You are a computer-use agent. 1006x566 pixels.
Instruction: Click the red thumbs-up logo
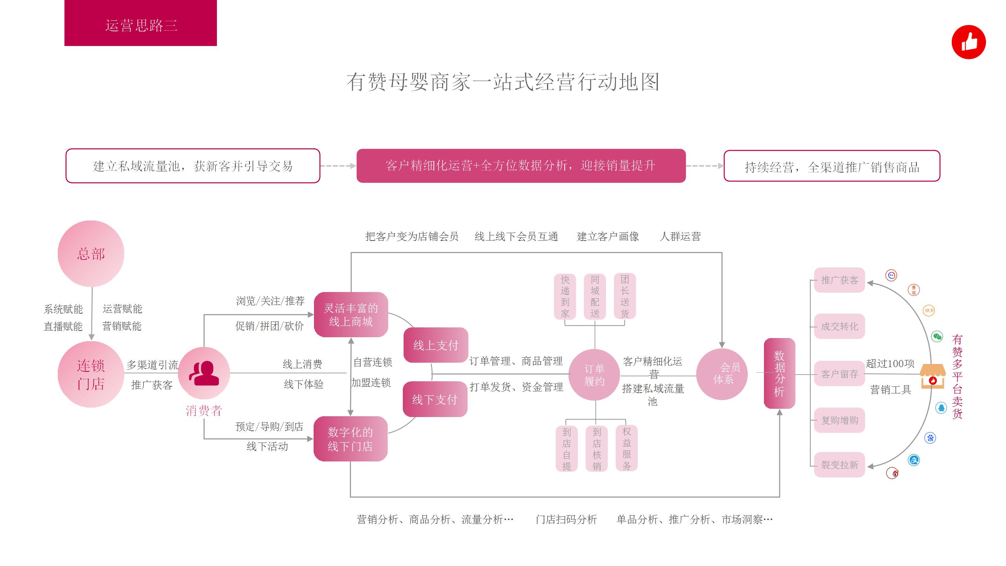coord(969,42)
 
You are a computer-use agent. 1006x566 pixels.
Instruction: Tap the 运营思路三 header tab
coord(141,24)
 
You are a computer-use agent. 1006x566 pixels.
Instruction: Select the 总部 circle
coord(91,254)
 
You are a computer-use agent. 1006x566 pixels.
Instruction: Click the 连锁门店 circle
coord(91,374)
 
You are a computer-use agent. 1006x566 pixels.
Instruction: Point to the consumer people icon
coord(204,373)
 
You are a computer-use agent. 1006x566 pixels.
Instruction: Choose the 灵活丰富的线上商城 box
coord(351,314)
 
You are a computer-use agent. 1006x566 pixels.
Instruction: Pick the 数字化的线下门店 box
coord(351,439)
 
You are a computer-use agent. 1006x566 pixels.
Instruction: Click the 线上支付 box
coord(436,345)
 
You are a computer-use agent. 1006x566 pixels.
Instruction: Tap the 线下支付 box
coord(435,399)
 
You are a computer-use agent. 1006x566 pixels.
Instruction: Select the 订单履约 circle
coord(595,375)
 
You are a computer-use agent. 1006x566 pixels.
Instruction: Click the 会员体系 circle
coord(722,374)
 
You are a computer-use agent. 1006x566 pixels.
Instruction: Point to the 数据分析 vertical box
coord(779,373)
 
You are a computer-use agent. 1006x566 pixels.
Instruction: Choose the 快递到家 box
coord(565,296)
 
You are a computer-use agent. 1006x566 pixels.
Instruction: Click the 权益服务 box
coord(626,448)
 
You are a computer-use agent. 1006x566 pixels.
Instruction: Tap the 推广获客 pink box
coord(839,280)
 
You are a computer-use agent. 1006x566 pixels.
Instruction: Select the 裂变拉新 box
coord(839,465)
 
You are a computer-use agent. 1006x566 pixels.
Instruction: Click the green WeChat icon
coord(937,336)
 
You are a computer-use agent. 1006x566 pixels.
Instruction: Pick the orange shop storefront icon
coord(933,376)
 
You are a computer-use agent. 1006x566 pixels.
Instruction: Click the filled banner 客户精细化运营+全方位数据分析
coord(521,166)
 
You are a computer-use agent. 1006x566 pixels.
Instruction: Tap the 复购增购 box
coord(839,420)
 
